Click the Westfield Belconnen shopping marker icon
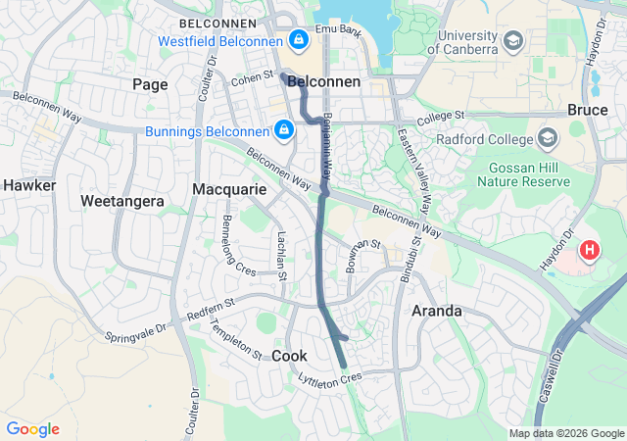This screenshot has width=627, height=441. click(298, 41)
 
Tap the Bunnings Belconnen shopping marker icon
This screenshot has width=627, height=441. click(283, 129)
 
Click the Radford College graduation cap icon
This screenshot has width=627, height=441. click(549, 137)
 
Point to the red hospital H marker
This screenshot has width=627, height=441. click(589, 250)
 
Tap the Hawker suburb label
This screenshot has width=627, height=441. click(28, 184)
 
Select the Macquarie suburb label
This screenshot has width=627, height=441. click(229, 188)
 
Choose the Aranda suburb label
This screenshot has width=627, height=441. click(436, 311)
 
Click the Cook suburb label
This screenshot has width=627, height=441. click(289, 355)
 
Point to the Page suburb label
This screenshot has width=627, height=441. click(150, 84)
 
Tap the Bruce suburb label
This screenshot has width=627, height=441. click(587, 111)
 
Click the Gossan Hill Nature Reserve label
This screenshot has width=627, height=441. click(530, 173)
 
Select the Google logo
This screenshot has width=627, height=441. click(32, 429)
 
